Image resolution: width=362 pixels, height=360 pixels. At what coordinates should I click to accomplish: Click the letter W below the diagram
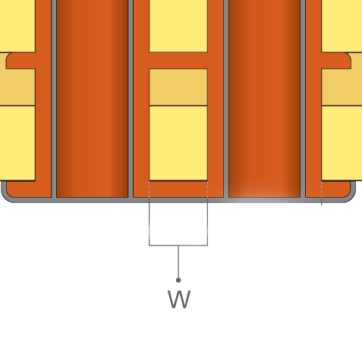(x=179, y=299)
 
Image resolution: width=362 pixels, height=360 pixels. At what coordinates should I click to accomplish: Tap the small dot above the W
(x=178, y=280)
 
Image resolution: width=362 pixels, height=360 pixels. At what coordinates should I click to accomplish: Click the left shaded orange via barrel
(x=92, y=99)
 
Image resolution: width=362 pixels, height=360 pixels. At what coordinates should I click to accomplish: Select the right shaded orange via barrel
(x=264, y=99)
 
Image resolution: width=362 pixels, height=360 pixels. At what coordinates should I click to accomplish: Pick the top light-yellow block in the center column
(x=178, y=26)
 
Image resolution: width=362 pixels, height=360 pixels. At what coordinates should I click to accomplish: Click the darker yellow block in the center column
(x=178, y=87)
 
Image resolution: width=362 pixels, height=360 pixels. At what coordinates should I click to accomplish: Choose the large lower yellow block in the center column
(x=178, y=143)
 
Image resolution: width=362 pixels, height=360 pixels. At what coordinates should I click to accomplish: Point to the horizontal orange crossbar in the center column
(x=178, y=61)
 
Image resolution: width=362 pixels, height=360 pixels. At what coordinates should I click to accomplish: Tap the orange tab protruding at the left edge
(x=20, y=61)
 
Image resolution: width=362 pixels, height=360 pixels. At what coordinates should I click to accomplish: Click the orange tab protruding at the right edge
(x=336, y=61)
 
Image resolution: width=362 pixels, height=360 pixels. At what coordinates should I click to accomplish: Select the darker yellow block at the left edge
(x=17, y=87)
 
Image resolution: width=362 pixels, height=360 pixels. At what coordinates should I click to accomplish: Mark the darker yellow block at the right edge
(x=342, y=87)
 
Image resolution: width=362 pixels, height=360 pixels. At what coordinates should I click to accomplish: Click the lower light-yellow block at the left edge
(x=17, y=143)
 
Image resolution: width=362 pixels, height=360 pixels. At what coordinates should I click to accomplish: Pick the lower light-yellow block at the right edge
(x=342, y=143)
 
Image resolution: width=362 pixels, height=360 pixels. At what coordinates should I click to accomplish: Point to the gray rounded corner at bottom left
(x=5, y=197)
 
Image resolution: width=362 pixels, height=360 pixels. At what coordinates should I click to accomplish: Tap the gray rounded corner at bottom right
(x=351, y=197)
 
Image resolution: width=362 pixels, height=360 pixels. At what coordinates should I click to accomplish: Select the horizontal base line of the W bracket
(x=178, y=245)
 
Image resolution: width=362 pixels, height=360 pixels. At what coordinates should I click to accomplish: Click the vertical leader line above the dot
(x=178, y=261)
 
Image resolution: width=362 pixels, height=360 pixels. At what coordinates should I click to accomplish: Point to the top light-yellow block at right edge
(x=342, y=26)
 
